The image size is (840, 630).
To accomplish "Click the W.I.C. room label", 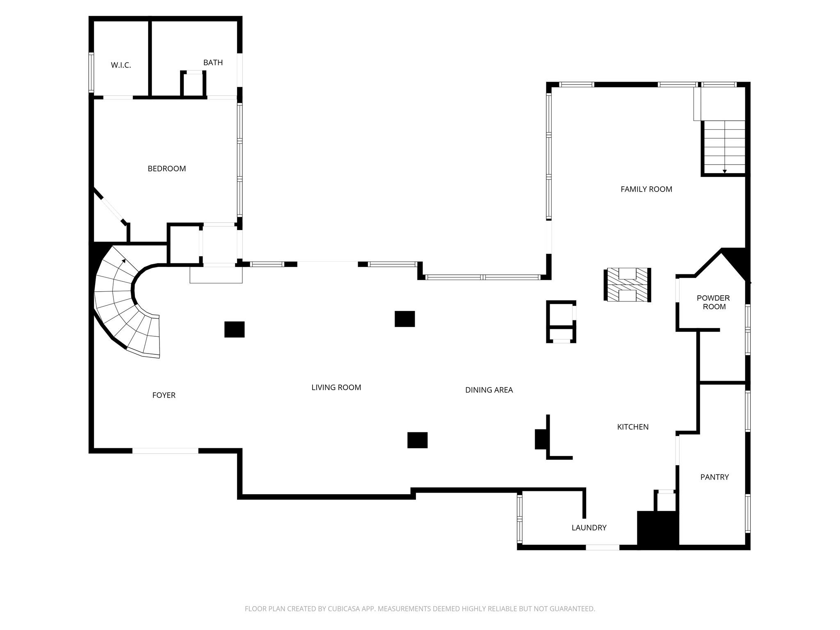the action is tap(121, 65).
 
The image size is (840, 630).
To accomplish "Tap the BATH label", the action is tap(213, 62).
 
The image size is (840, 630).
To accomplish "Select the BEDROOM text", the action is tap(167, 169).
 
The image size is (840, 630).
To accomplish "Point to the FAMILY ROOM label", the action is tap(646, 189).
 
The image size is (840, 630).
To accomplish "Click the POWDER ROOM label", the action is tap(714, 302).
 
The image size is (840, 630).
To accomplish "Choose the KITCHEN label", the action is tap(633, 427).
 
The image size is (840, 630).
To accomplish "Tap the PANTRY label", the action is tap(714, 477).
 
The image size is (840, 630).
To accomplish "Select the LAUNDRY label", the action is tap(589, 528).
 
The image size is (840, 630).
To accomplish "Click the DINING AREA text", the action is tap(489, 390).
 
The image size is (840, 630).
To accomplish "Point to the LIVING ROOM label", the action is tap(336, 388).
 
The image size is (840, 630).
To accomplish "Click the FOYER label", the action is tap(164, 395).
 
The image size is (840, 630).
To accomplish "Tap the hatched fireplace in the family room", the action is tap(627, 285).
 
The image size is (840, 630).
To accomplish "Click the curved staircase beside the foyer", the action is tap(123, 304).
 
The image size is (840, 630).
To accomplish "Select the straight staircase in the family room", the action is tap(724, 148).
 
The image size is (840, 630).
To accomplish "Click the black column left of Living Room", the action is tap(235, 329).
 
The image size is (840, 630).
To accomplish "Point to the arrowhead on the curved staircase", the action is tap(124, 260).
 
